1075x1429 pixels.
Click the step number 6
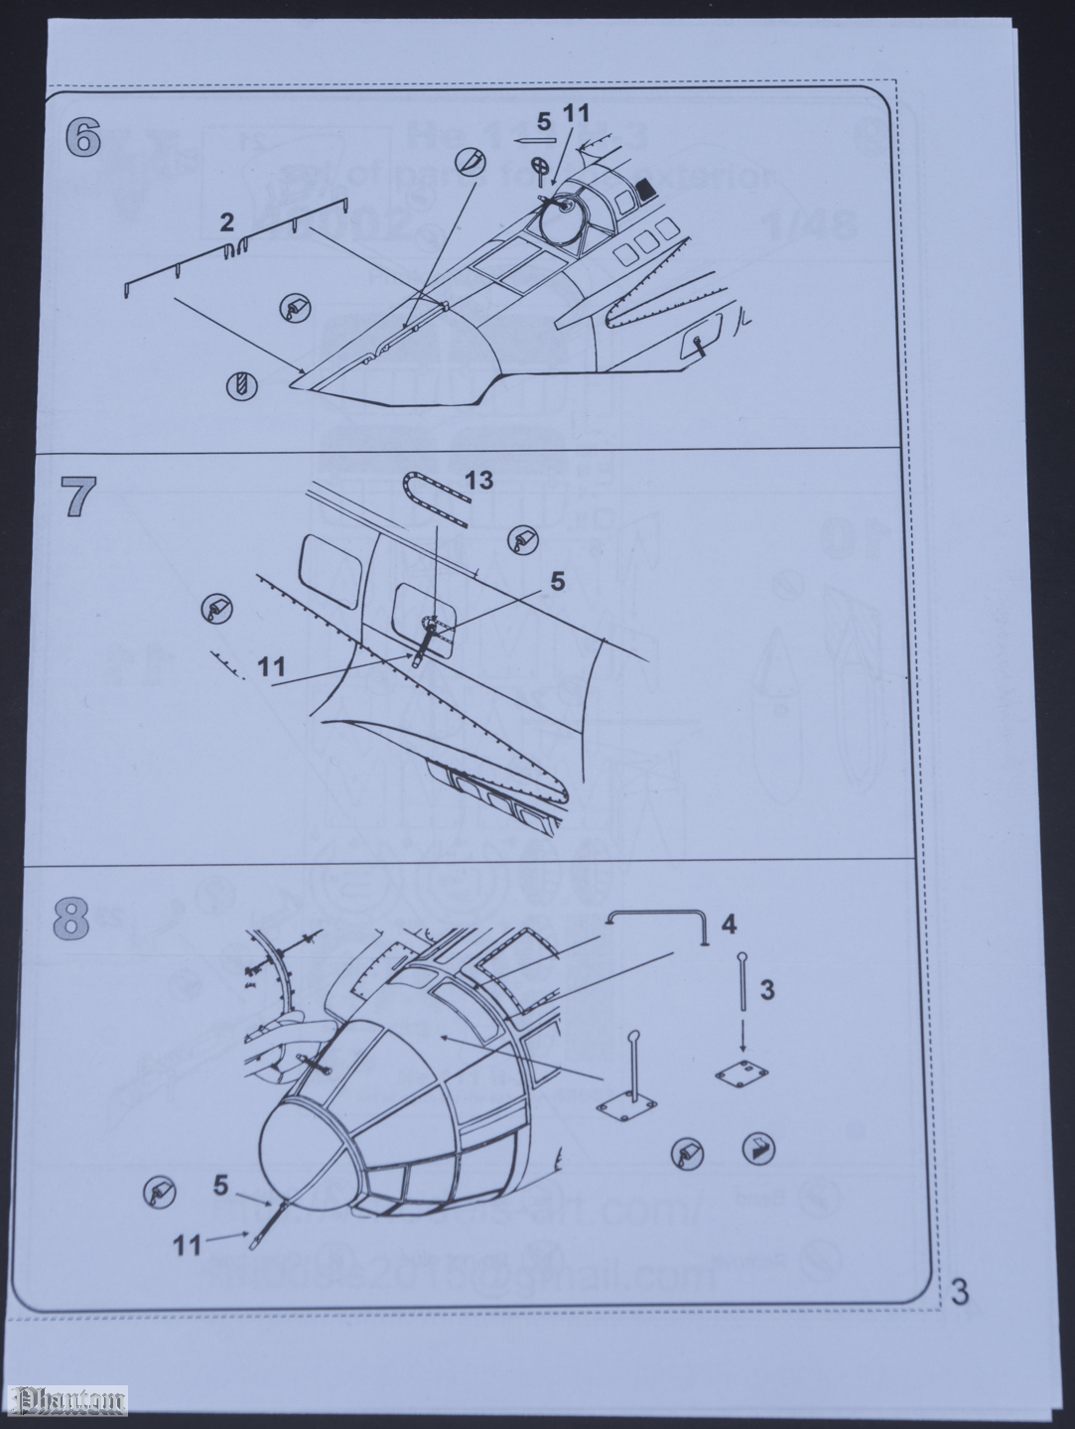83,137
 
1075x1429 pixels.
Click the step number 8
77,919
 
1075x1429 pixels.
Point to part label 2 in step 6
227,222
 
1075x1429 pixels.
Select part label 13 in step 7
478,482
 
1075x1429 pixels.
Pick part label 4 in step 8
728,925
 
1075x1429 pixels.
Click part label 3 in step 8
767,988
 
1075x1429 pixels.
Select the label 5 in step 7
558,581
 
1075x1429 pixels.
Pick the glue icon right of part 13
521,538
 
